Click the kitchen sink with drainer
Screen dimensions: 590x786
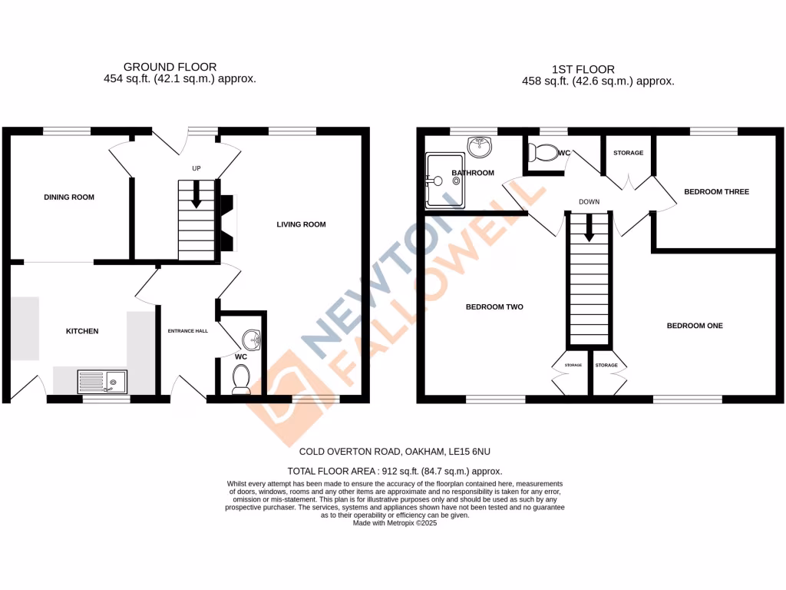point(103,380)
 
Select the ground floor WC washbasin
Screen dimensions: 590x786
point(252,338)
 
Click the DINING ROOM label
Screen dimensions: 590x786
point(69,197)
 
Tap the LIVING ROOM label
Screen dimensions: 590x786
point(302,224)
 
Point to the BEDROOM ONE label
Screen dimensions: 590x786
point(695,326)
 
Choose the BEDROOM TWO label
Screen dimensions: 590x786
point(494,307)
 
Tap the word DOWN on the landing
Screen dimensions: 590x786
point(589,203)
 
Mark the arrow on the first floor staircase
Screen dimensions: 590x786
point(589,228)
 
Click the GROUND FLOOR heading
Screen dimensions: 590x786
point(170,68)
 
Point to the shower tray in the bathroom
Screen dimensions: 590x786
point(444,181)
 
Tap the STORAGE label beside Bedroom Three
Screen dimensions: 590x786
point(628,153)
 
